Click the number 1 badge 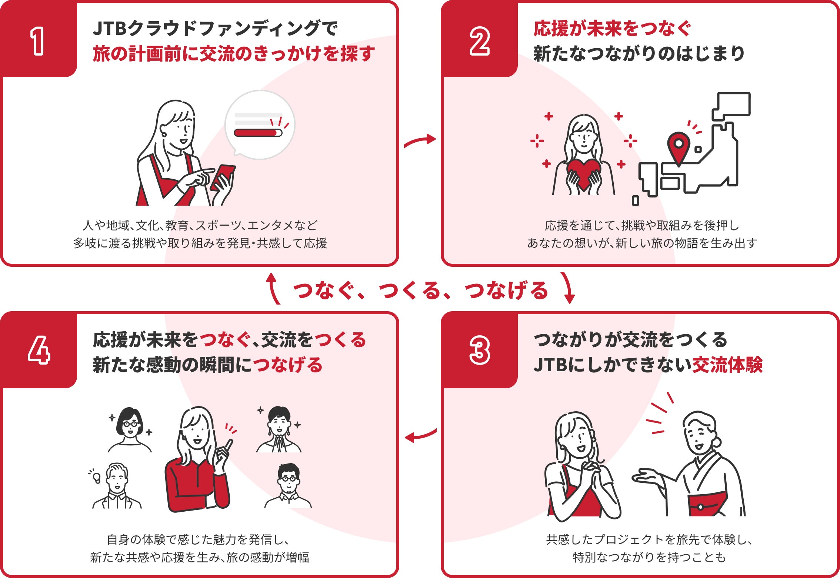[39, 39]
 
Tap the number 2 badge [479, 39]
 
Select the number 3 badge [479, 351]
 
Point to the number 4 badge [39, 351]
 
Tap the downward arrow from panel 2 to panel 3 [568, 288]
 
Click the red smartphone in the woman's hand [223, 177]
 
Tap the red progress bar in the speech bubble [258, 133]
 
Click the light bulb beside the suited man [96, 478]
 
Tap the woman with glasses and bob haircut [130, 430]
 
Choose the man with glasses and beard [288, 486]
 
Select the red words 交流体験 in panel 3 [727, 365]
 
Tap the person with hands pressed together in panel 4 [279, 430]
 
